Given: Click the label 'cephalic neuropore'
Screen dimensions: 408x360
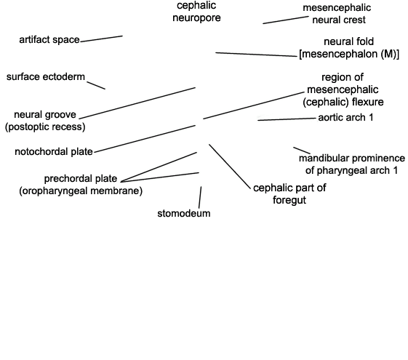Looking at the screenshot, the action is [x=196, y=12].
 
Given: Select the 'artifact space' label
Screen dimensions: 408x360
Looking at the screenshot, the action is [x=49, y=40].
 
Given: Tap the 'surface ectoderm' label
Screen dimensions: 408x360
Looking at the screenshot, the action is [x=46, y=77].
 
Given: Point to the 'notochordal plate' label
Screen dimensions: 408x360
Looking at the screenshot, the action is [x=54, y=152].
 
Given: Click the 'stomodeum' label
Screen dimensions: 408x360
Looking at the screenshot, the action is [x=184, y=213].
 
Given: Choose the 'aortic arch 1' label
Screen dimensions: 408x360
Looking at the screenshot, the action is [x=345, y=118].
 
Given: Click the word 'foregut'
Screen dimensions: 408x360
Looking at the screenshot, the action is [x=289, y=200].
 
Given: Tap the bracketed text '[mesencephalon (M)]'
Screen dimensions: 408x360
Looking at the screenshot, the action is [x=349, y=54].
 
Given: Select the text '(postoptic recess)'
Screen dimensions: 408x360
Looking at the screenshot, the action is [x=45, y=127].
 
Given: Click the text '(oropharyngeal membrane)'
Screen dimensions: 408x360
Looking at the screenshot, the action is [x=81, y=191].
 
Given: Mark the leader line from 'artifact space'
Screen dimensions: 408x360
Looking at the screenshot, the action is [x=102, y=39].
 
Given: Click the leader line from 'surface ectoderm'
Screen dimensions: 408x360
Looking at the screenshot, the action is [x=96, y=86].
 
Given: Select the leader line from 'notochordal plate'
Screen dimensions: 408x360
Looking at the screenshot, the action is [x=145, y=139].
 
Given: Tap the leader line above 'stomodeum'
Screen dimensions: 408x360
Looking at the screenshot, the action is [x=200, y=197].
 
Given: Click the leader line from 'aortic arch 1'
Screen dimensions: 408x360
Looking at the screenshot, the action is [x=287, y=119].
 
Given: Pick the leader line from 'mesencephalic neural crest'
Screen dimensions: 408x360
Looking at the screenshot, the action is [x=286, y=20].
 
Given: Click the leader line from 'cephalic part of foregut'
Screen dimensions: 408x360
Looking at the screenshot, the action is [x=230, y=167].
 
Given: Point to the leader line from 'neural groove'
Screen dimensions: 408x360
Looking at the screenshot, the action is [x=137, y=103].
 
